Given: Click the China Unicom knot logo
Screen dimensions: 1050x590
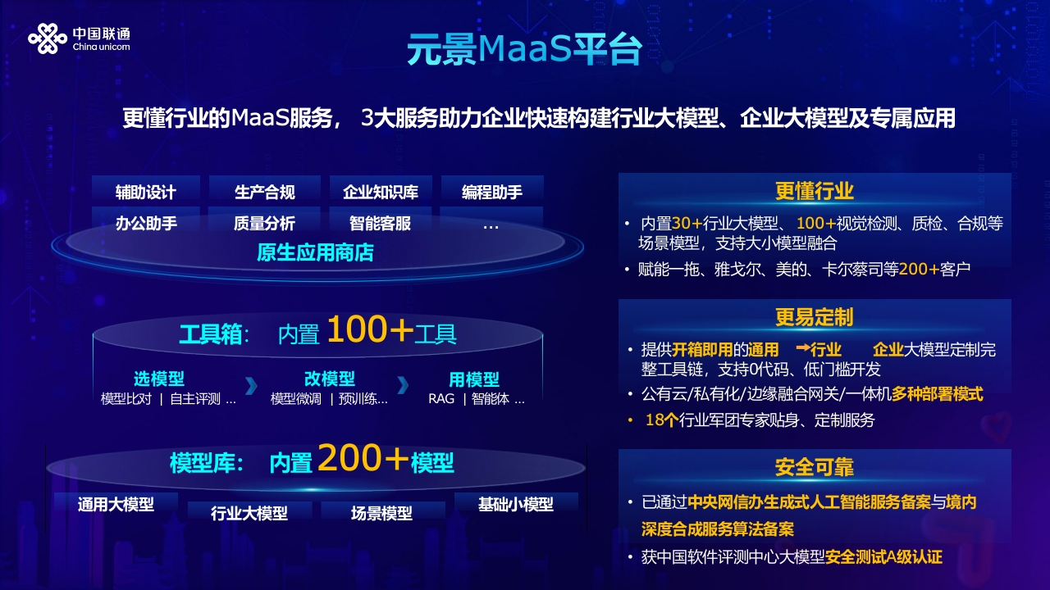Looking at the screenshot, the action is [48, 39].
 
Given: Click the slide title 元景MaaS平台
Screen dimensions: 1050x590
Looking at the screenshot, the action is [524, 49].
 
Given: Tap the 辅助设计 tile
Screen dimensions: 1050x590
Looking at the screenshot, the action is [146, 192].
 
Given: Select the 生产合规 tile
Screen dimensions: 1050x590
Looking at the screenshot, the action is [265, 192].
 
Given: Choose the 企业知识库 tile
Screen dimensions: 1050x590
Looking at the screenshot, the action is [381, 192].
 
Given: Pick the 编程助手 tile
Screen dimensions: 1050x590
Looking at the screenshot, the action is [492, 192].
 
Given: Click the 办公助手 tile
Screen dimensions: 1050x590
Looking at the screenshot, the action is [146, 223].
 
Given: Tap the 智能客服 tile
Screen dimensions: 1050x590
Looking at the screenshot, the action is [380, 223].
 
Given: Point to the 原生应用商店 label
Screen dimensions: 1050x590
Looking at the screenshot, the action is [315, 252].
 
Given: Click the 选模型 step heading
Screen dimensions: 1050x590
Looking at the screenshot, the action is [159, 379].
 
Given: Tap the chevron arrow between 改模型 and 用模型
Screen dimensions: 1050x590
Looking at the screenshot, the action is [403, 385].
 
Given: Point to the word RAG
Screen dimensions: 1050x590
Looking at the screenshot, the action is [441, 399].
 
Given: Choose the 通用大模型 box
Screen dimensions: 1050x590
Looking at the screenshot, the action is [116, 504].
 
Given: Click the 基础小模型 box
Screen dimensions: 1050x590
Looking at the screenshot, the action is [516, 504].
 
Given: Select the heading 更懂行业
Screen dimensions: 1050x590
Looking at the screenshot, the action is [815, 191].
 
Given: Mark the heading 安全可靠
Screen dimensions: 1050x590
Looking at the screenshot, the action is [815, 467].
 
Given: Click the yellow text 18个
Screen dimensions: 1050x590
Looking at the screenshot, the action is [662, 420].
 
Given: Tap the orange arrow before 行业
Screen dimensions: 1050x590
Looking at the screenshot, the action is [803, 347].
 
